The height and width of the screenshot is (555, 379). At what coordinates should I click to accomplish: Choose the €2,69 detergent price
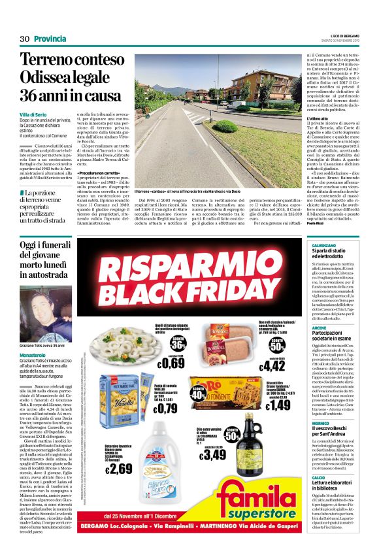119,467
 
